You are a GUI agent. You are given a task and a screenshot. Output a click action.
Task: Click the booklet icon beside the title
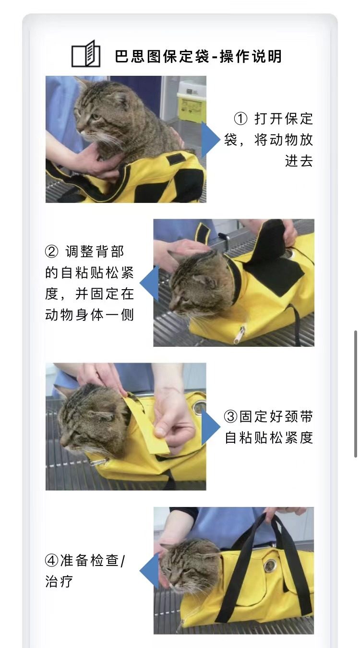86,54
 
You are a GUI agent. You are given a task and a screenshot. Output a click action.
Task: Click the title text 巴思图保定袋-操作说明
198,57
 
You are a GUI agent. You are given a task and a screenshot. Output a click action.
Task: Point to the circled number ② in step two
51,251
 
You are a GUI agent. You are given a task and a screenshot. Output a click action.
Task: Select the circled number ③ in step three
231,416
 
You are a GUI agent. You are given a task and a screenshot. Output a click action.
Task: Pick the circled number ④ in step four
51,560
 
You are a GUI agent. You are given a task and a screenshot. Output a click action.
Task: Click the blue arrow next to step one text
209,140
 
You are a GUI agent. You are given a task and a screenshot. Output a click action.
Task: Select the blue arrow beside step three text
210,426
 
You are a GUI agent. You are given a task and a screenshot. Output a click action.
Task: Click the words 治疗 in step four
59,582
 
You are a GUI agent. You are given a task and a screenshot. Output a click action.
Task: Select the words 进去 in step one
299,161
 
